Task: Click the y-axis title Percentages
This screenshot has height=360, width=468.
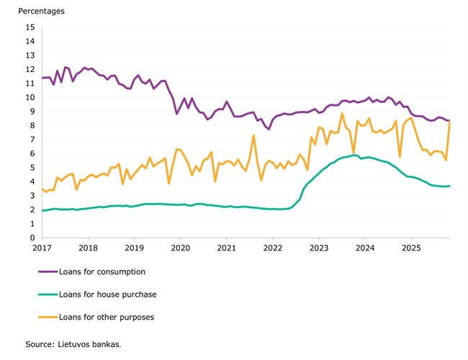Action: (41, 12)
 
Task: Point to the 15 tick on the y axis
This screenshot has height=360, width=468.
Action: (30, 27)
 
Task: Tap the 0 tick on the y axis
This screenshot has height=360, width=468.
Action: (32, 238)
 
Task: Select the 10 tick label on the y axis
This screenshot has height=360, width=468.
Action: (30, 98)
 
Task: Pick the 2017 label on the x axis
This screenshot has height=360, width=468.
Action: (41, 248)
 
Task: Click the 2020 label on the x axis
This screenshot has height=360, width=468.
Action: (180, 248)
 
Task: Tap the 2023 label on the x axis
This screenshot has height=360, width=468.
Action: (318, 248)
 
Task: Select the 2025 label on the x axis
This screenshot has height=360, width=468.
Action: (411, 248)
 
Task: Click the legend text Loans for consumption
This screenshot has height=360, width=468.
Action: (102, 271)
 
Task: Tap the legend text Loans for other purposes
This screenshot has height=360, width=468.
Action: (106, 316)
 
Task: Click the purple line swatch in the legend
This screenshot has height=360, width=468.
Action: (48, 271)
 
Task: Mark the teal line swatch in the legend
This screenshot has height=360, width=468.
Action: (48, 294)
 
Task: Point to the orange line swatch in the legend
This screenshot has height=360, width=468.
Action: (48, 316)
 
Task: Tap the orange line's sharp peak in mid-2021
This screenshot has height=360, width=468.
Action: (253, 135)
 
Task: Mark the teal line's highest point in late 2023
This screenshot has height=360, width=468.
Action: (354, 155)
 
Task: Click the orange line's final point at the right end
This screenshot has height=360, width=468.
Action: (450, 122)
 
